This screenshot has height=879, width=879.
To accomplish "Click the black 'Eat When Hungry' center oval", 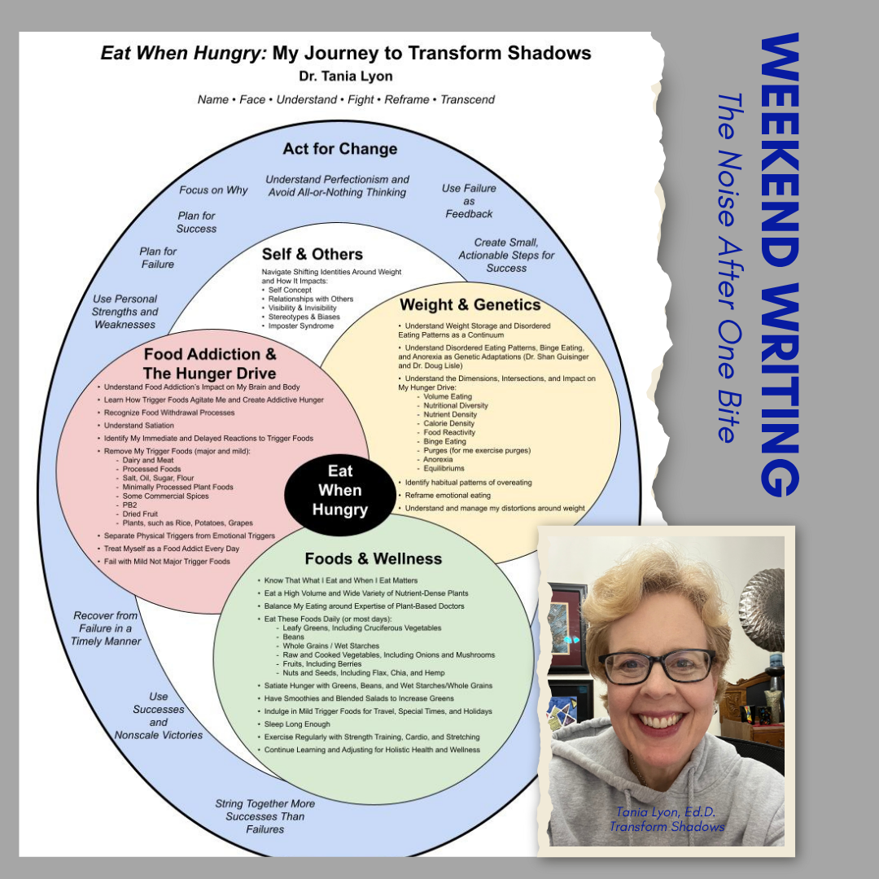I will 340,491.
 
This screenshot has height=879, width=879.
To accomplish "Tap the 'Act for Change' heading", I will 340,149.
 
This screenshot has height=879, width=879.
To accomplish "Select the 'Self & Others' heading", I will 312,254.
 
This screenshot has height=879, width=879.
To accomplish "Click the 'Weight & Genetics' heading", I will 470,305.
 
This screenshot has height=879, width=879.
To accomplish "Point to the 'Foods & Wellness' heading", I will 374,558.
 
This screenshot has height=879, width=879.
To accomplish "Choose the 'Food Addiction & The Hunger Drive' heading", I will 210,364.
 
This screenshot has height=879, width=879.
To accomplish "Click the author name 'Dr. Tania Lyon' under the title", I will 346,77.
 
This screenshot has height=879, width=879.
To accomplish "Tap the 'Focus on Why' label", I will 213,190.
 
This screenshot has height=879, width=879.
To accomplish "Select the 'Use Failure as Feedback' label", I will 469,201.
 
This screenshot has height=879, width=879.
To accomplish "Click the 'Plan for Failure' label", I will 158,258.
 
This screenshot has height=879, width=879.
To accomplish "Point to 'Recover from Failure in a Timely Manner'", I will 106,628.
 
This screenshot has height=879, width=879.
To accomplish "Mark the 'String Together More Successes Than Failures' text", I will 265,816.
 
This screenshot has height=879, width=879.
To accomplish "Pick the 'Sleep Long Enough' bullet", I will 297,724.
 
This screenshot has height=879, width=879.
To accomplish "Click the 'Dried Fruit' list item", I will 142,514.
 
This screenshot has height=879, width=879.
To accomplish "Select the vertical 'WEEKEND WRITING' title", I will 780,265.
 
